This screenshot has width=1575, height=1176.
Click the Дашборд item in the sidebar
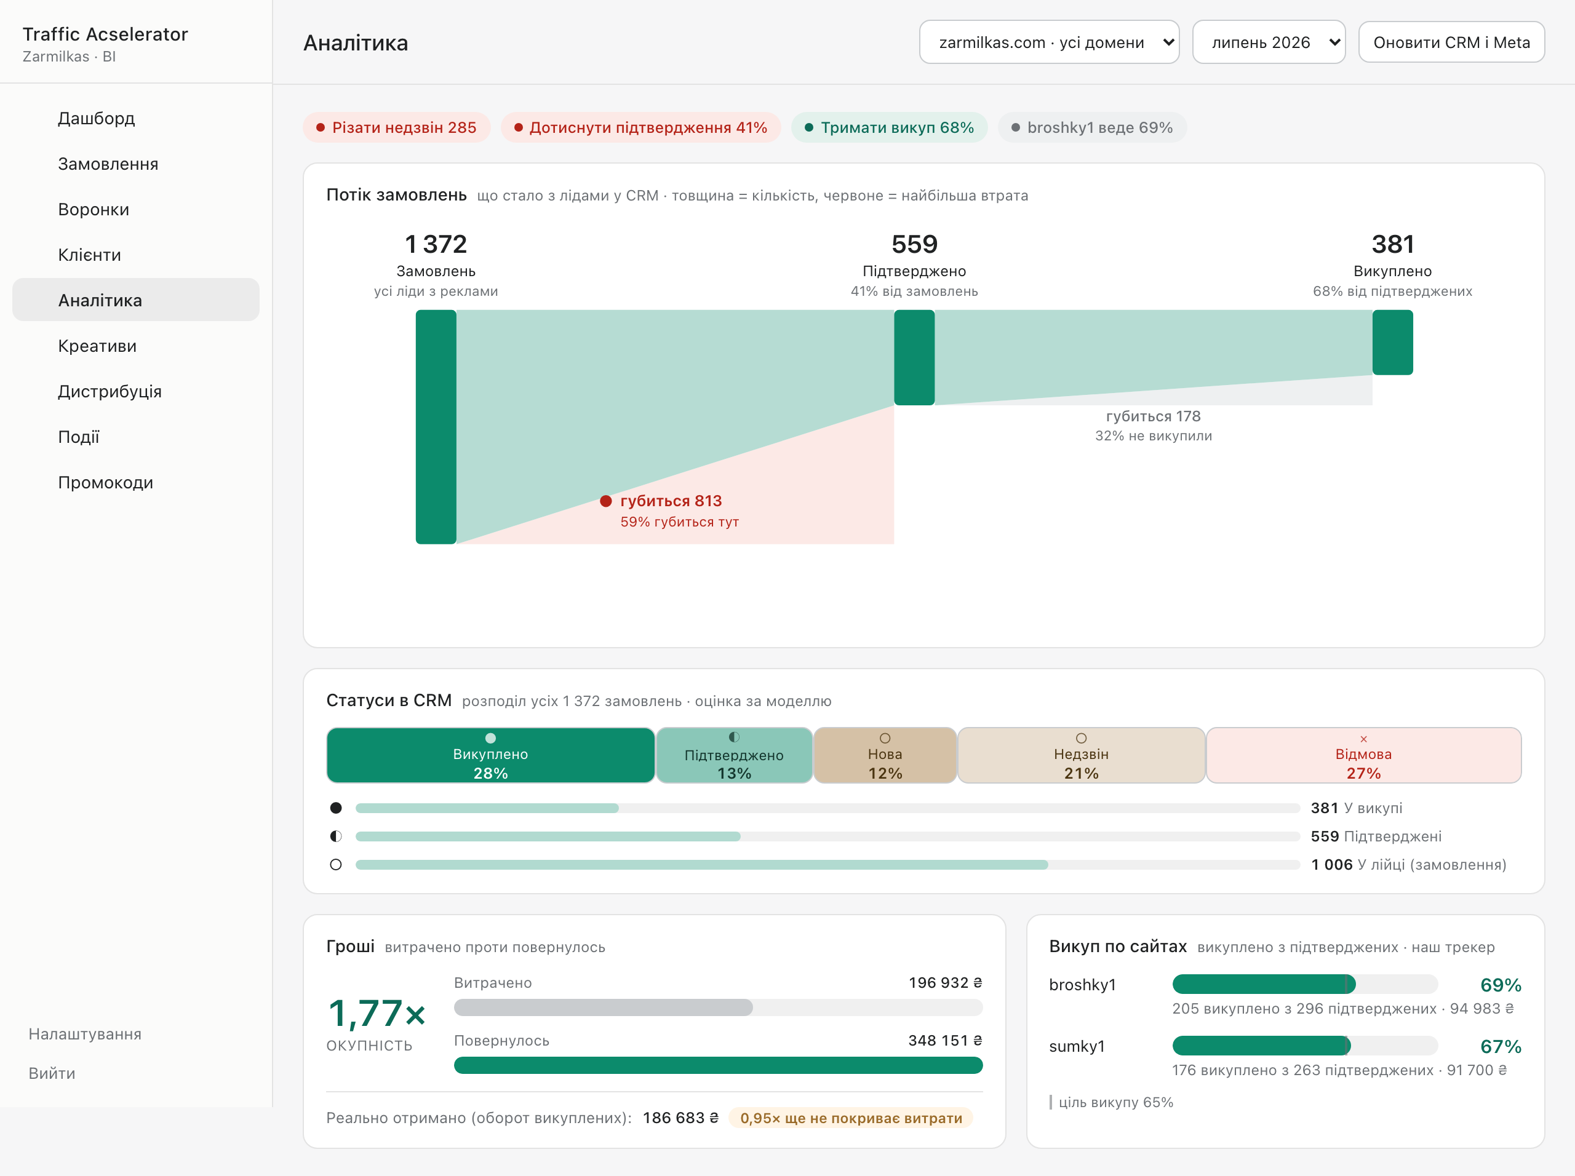(x=96, y=118)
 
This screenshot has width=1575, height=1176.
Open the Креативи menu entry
(x=97, y=346)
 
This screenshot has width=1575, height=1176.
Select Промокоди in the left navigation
(x=105, y=483)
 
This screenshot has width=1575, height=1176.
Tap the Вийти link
(x=52, y=1073)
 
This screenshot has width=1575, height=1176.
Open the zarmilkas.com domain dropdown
(x=1049, y=42)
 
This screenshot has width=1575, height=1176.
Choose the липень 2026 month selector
(x=1269, y=42)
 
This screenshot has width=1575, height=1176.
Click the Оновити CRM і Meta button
(x=1451, y=42)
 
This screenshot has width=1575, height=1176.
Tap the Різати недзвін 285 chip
(x=397, y=127)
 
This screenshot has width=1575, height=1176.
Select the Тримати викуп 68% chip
(x=889, y=127)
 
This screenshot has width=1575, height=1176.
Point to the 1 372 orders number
(x=436, y=244)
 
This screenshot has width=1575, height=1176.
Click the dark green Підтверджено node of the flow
(x=914, y=357)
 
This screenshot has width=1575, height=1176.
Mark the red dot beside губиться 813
(x=606, y=501)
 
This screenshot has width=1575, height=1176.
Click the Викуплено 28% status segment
(x=490, y=755)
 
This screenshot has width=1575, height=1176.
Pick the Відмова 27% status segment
(x=1363, y=755)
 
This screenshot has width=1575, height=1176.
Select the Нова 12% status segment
(x=885, y=755)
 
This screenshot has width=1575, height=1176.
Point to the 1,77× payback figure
(x=377, y=1013)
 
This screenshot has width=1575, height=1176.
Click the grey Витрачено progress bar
(x=603, y=1007)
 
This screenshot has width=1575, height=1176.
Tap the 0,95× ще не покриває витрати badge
(x=851, y=1118)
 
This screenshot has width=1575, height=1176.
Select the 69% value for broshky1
(x=1500, y=985)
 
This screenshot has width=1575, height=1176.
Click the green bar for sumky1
(x=1261, y=1046)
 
